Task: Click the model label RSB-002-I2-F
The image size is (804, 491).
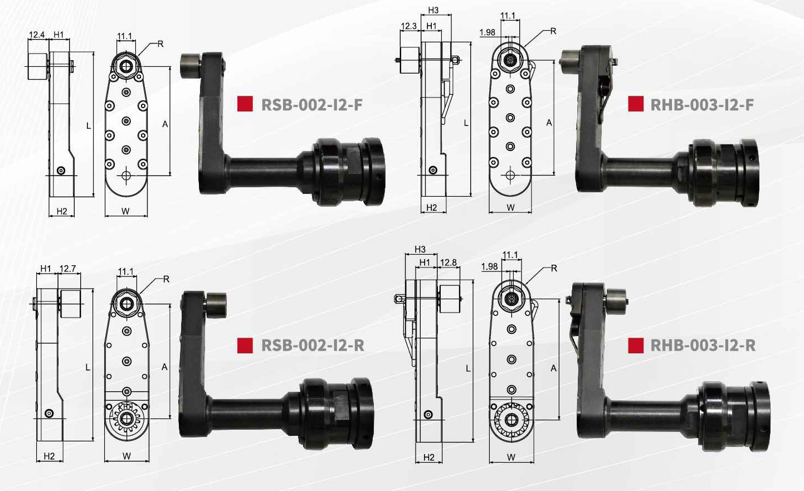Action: pyautogui.click(x=311, y=104)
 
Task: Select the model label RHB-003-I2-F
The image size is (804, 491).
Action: pyautogui.click(x=702, y=104)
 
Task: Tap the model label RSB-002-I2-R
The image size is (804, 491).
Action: pyautogui.click(x=313, y=346)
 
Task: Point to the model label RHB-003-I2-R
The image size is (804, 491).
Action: pyautogui.click(x=703, y=346)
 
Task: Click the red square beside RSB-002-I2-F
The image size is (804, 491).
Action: pyautogui.click(x=245, y=104)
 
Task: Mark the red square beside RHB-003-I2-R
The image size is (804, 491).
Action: pyautogui.click(x=636, y=346)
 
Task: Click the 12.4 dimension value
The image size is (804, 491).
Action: pyautogui.click(x=37, y=35)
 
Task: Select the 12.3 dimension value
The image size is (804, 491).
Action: pyautogui.click(x=408, y=26)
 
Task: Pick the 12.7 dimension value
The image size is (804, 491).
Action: pyautogui.click(x=67, y=269)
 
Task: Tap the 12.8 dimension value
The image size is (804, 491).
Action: pyautogui.click(x=448, y=262)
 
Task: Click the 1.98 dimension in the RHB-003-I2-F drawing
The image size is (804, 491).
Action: pyautogui.click(x=487, y=32)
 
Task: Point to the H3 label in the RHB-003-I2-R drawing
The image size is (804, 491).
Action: pyautogui.click(x=420, y=249)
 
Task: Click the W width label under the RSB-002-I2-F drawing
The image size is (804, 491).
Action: pyautogui.click(x=126, y=211)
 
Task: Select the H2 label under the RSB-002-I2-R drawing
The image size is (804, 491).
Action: pyautogui.click(x=49, y=456)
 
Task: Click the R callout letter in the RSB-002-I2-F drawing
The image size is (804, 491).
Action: pyautogui.click(x=160, y=43)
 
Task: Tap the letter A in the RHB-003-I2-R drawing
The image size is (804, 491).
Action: pyautogui.click(x=553, y=368)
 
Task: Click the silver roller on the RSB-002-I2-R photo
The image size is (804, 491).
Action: pyautogui.click(x=216, y=304)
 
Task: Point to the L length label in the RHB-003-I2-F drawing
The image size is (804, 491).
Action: pyautogui.click(x=466, y=123)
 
